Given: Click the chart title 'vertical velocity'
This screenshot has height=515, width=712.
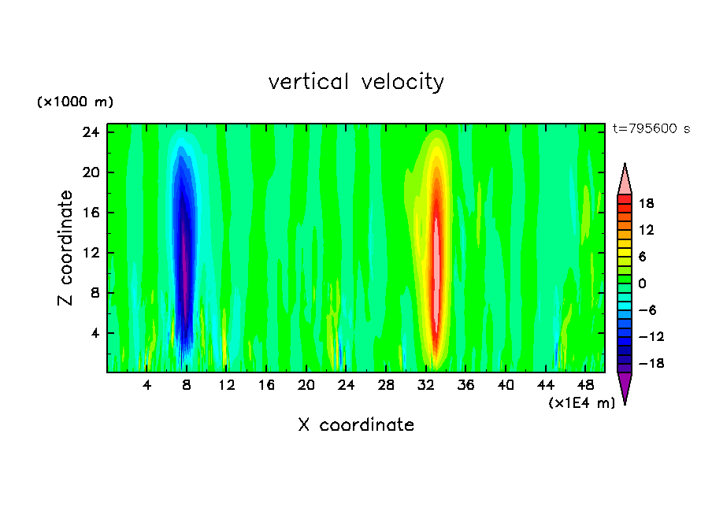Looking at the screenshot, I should tap(356, 82).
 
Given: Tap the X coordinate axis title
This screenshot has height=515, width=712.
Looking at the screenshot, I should tap(356, 425).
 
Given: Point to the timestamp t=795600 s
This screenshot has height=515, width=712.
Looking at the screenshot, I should tap(651, 128).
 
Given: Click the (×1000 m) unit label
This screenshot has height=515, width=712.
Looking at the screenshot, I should tap(75, 102).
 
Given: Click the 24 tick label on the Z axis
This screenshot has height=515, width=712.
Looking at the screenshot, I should tap(91, 132).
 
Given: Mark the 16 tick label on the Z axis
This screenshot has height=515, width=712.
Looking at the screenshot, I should tap(91, 213).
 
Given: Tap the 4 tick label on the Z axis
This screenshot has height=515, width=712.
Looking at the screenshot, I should tap(95, 333).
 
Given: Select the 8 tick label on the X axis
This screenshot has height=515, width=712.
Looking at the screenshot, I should tap(187, 385).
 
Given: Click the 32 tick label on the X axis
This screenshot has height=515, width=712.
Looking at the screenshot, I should tap(426, 385).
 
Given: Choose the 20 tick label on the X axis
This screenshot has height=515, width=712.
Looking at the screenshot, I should tap(306, 385).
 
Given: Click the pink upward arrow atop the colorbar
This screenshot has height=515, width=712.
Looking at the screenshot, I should tap(625, 179).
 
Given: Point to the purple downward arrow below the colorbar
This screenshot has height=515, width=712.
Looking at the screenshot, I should tap(625, 387).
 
